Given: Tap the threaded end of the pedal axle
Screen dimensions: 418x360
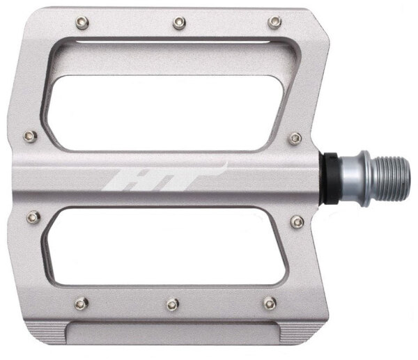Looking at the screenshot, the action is pyautogui.click(x=392, y=179).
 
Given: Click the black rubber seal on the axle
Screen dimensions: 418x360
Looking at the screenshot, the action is pyautogui.click(x=330, y=178).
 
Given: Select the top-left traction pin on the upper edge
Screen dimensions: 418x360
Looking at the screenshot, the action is pyautogui.click(x=82, y=23).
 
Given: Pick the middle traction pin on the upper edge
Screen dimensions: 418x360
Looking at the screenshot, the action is pyautogui.click(x=179, y=23).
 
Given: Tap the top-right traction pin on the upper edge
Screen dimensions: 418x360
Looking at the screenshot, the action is pyautogui.click(x=274, y=22).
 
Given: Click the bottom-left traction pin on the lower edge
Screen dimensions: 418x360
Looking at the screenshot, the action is pyautogui.click(x=82, y=303).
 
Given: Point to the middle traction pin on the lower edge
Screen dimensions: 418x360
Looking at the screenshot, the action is pyautogui.click(x=173, y=304).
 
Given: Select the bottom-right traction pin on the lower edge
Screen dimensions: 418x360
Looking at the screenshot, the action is pyautogui.click(x=270, y=303).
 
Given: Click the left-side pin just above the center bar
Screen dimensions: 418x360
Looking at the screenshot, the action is pyautogui.click(x=30, y=136).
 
